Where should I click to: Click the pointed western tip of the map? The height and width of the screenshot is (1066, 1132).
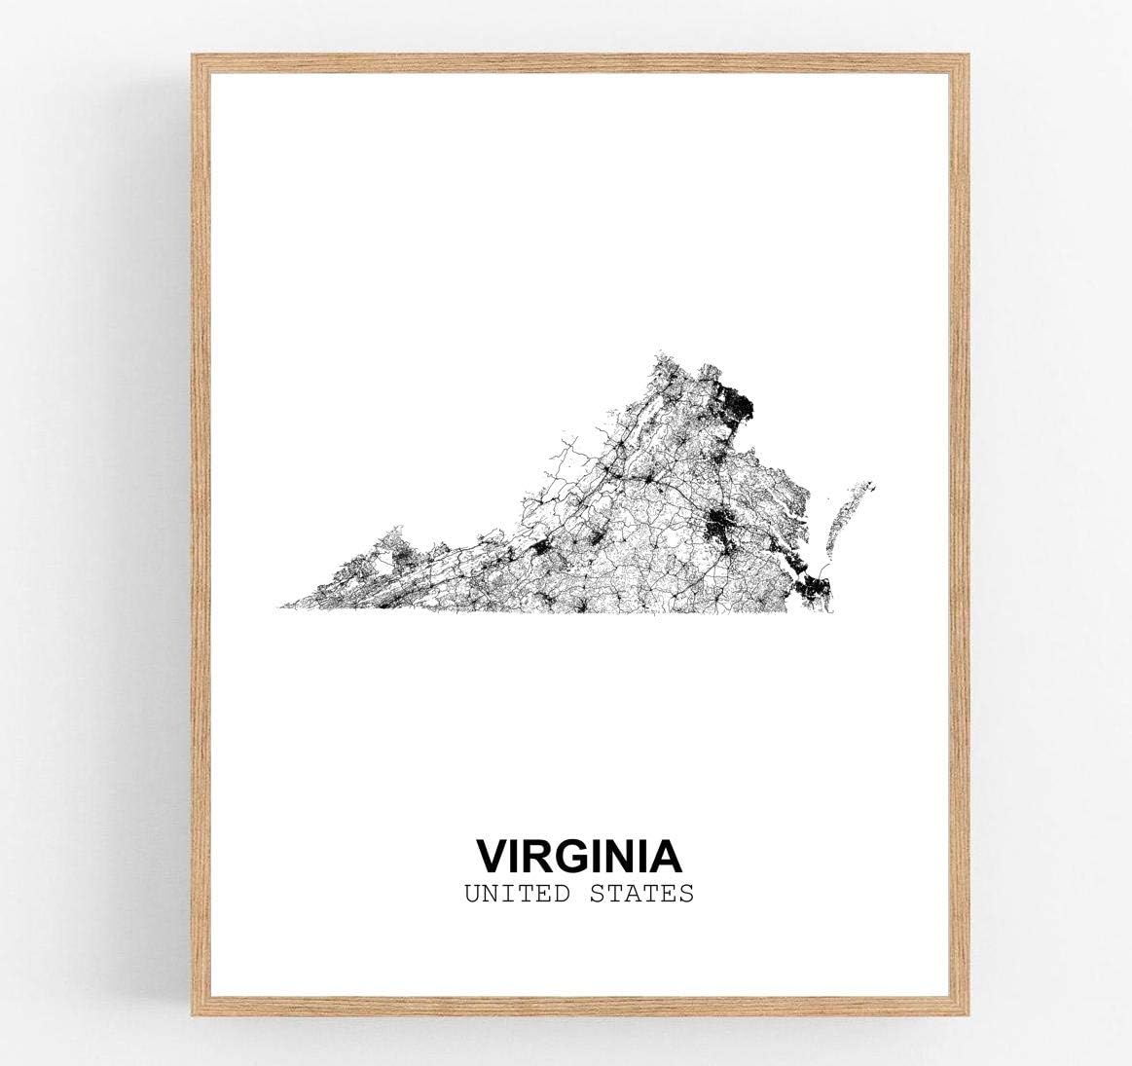coord(281,607)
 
